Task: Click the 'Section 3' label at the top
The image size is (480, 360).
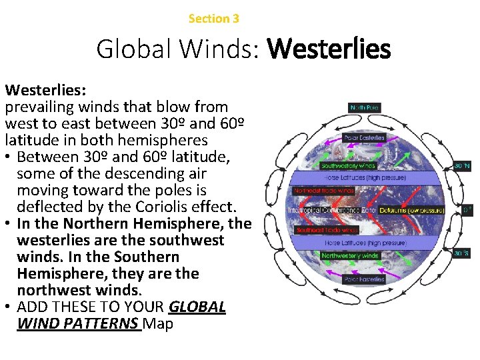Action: [x=213, y=19]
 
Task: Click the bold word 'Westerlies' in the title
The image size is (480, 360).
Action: [x=329, y=49]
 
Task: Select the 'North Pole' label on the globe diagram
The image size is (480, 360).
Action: [x=365, y=107]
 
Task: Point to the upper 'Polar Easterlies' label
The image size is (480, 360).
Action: [x=364, y=138]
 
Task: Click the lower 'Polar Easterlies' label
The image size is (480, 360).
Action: [x=364, y=279]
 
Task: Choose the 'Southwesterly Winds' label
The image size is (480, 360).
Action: [x=349, y=165]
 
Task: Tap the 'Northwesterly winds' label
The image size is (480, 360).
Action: [x=350, y=255]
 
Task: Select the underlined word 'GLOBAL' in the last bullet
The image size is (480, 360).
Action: [x=197, y=307]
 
